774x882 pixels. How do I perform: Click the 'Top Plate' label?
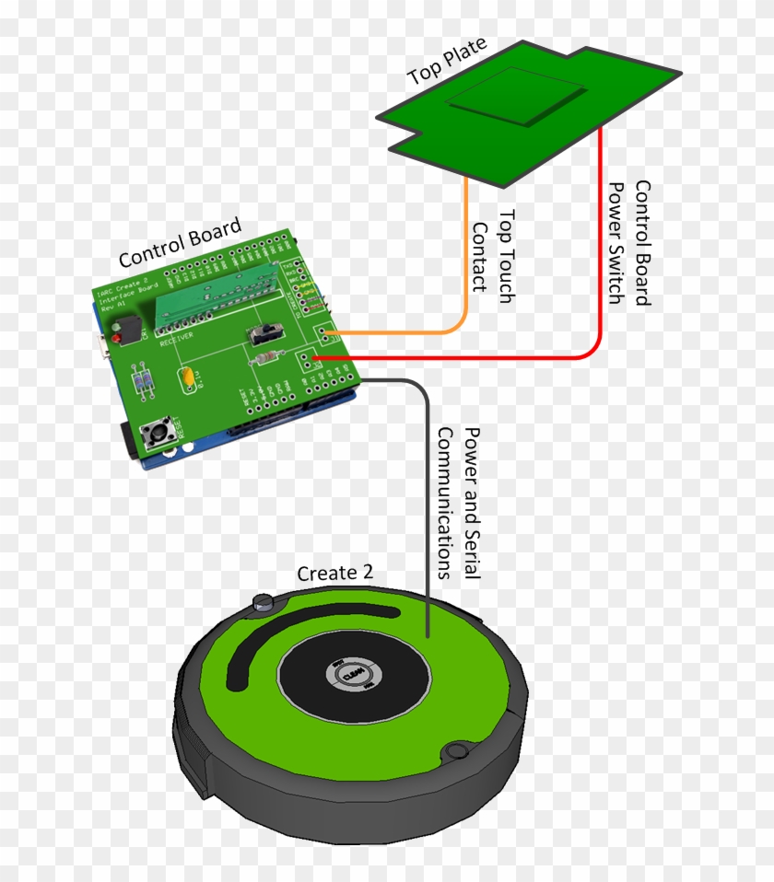[447, 63]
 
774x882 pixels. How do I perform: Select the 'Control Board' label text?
[180, 242]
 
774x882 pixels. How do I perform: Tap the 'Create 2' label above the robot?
[334, 573]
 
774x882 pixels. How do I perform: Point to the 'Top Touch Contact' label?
[493, 250]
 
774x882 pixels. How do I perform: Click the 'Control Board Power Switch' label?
[630, 243]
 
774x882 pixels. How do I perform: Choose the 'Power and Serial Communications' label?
[458, 502]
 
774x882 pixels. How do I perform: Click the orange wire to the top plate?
[465, 267]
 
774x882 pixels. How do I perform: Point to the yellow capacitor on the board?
[188, 377]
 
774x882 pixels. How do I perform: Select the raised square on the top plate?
[516, 96]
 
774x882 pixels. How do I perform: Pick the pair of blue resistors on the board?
[142, 382]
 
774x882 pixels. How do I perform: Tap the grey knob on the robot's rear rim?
[264, 603]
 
